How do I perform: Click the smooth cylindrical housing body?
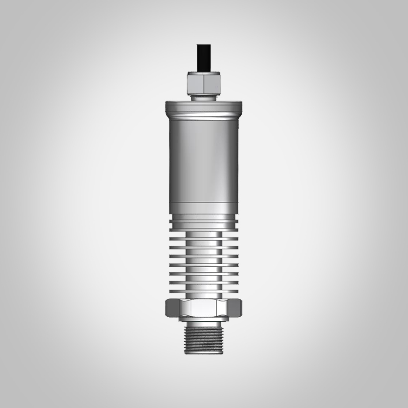click(203, 158)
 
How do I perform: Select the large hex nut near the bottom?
click(203, 308)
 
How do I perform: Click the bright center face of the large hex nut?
click(203, 308)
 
